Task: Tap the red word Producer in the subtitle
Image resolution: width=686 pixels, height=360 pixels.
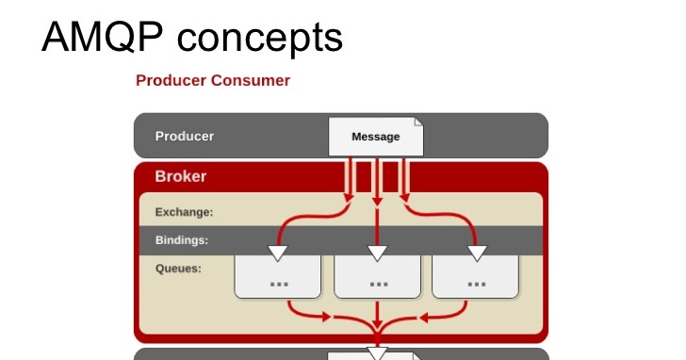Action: tap(170, 80)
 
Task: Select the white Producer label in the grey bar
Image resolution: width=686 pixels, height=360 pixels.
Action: tap(185, 136)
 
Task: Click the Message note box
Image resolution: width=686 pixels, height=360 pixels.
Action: tap(375, 137)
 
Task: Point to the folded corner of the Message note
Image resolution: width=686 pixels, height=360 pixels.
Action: tap(418, 122)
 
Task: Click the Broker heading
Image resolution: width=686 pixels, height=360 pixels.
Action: tap(181, 176)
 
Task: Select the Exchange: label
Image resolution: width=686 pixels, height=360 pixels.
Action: tap(184, 212)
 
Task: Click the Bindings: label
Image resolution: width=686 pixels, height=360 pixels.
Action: tap(182, 239)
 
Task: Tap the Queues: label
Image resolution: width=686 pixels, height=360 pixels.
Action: tap(178, 267)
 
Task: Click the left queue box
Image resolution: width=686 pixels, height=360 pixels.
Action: tap(279, 277)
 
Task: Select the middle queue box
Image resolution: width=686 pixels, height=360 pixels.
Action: tap(378, 277)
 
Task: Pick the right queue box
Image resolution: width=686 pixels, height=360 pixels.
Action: tap(476, 277)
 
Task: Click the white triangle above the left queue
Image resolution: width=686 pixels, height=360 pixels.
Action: tap(278, 253)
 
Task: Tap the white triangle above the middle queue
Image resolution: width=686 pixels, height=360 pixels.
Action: tap(378, 253)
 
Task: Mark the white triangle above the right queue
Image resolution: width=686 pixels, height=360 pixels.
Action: tap(477, 253)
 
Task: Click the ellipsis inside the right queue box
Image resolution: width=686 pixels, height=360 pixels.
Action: tap(476, 283)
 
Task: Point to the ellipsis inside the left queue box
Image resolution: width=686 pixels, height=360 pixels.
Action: tap(279, 283)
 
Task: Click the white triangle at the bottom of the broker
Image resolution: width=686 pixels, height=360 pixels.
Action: tap(378, 353)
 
